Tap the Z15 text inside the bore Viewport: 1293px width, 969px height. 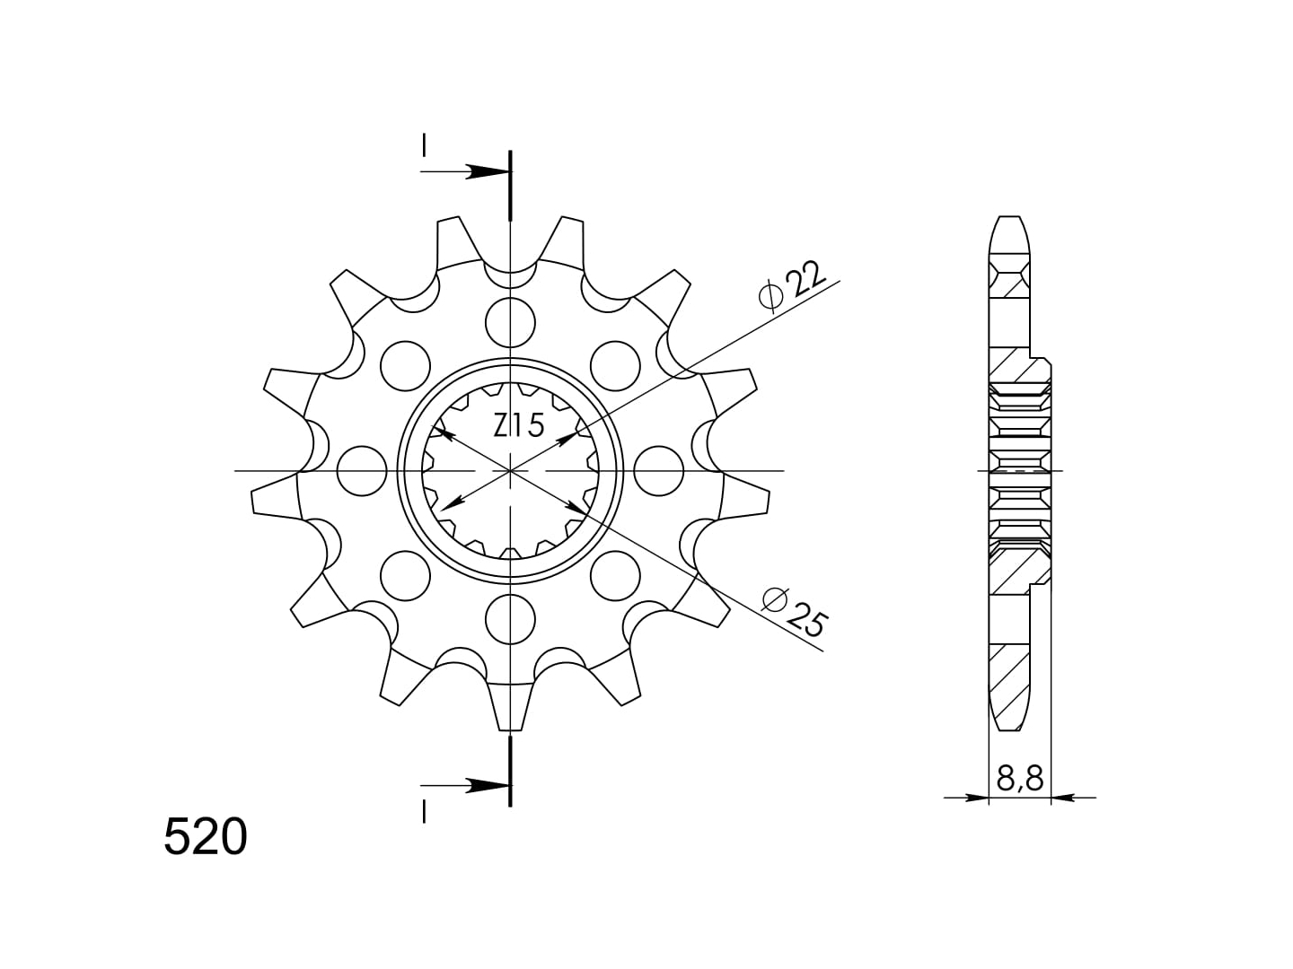coord(518,426)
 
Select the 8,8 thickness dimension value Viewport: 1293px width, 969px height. coord(1020,779)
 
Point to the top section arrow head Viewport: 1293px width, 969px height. coord(488,171)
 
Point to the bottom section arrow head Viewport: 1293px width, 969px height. coord(488,785)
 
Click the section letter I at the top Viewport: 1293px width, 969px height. coord(424,146)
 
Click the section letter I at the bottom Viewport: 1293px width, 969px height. coord(424,813)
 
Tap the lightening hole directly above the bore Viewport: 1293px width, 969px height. coord(510,322)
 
